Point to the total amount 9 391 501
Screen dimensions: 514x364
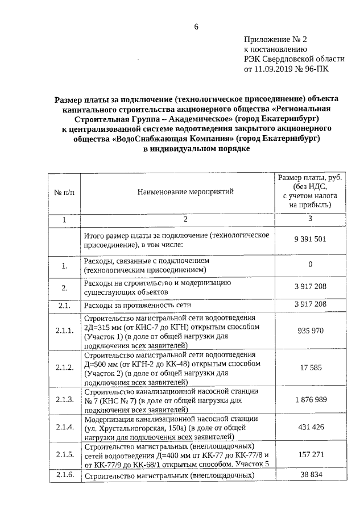coord(310,239)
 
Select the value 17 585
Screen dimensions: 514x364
coord(310,367)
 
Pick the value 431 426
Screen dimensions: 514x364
coord(310,427)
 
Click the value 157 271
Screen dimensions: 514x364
coord(310,455)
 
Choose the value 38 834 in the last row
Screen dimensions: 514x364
coord(310,474)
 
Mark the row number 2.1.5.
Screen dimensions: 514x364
coord(64,455)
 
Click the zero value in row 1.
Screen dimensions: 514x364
coord(310,265)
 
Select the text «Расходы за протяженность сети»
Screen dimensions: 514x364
coord(137,305)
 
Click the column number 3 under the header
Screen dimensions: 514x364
coord(310,219)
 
